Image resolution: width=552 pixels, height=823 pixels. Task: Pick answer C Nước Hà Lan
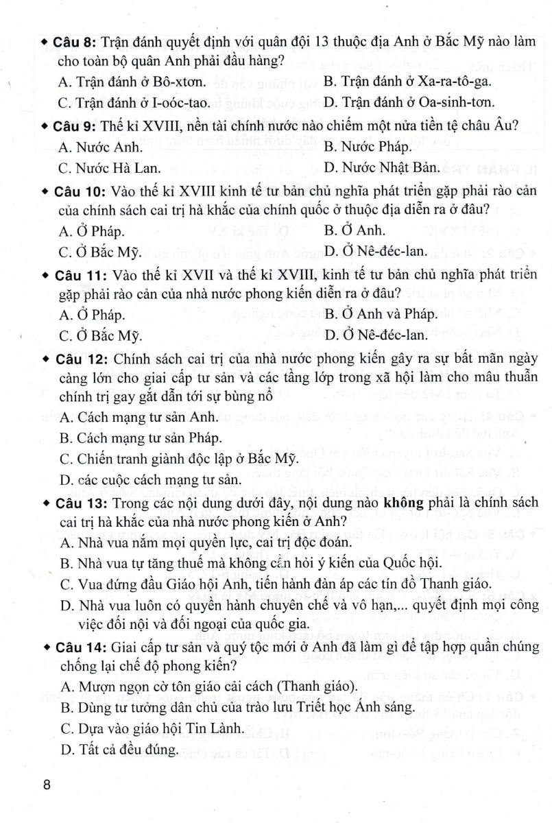[110, 167]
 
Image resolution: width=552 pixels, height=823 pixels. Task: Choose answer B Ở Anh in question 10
[355, 230]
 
